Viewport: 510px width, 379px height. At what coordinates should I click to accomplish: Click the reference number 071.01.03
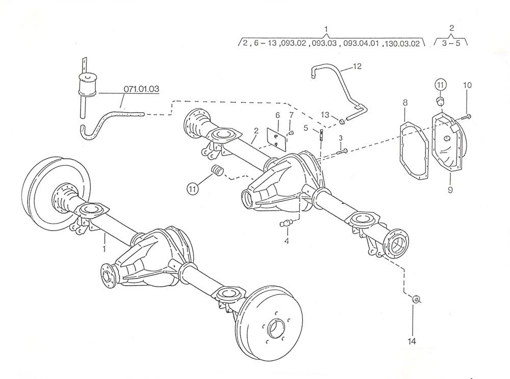[141, 89]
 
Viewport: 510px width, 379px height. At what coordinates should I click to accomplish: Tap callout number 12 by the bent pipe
[356, 66]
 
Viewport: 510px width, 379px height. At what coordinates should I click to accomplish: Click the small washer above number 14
[416, 299]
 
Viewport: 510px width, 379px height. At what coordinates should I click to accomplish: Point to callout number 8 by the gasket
[405, 103]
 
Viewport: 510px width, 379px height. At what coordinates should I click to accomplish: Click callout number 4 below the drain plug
[287, 241]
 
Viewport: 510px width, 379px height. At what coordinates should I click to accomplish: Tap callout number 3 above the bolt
[341, 138]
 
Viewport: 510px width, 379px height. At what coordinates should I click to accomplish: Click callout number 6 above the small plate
[278, 115]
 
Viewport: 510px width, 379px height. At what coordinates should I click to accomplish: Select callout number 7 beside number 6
[291, 116]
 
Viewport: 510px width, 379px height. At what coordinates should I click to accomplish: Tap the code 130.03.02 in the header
[404, 44]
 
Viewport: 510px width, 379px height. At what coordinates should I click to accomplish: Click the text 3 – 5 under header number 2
[451, 44]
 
